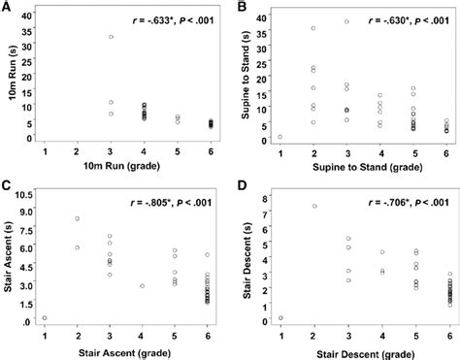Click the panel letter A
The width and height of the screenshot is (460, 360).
pyautogui.click(x=8, y=8)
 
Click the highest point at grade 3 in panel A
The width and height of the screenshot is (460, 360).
pyautogui.click(x=112, y=37)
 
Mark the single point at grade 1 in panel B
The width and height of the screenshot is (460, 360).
pyautogui.click(x=280, y=137)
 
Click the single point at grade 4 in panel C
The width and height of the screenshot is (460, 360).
pyautogui.click(x=143, y=286)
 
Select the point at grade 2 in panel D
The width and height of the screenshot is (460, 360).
pyautogui.click(x=314, y=206)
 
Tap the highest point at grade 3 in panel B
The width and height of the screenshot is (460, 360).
pyautogui.click(x=346, y=21)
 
